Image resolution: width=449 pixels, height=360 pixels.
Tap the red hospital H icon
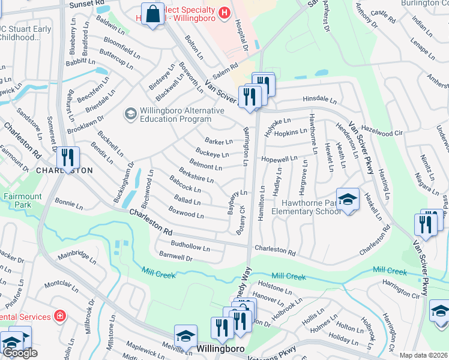(x=224, y=11)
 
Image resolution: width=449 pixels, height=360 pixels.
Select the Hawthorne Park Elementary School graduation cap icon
(x=347, y=200)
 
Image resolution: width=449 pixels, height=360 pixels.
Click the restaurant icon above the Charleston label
(x=68, y=157)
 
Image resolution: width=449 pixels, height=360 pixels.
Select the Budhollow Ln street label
(x=190, y=247)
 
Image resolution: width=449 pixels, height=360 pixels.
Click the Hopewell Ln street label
(x=279, y=159)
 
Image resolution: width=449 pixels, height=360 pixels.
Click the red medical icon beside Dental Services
(x=59, y=316)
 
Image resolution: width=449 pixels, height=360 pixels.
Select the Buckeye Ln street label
(x=212, y=154)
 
